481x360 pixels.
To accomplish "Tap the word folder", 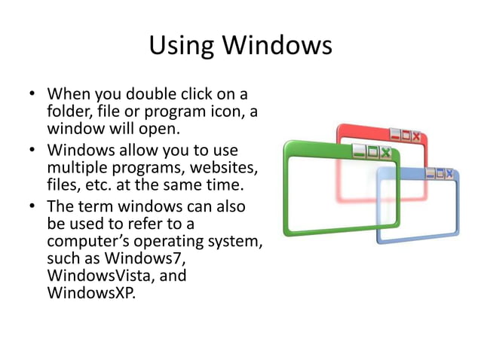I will pos(68,113).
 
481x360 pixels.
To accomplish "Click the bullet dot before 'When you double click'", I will pos(32,96).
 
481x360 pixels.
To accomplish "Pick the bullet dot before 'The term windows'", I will pos(32,206).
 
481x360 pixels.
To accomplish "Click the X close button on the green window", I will pos(386,152).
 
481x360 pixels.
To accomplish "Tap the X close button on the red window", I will pos(416,136).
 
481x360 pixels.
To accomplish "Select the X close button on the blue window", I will pos(451,174).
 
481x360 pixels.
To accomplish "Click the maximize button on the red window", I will pos(406,136).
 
